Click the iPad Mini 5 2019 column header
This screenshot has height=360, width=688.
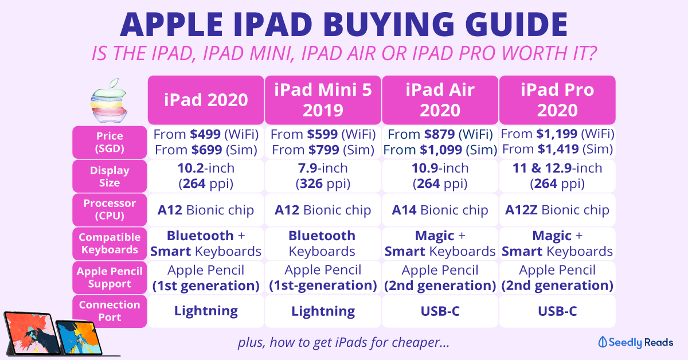(x=323, y=100)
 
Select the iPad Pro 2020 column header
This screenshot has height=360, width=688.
(x=557, y=100)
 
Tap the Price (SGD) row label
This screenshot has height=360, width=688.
(x=110, y=142)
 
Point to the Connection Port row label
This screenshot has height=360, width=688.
(x=110, y=311)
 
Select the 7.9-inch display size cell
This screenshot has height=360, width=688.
(x=323, y=176)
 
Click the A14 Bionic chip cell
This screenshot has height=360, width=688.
(x=440, y=210)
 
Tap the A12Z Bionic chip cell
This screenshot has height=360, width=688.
(x=557, y=210)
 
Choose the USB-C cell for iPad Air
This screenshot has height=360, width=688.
(x=440, y=311)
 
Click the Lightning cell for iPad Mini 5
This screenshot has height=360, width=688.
(x=323, y=311)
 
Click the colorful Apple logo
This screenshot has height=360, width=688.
(x=109, y=100)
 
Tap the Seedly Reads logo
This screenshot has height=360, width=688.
(x=635, y=342)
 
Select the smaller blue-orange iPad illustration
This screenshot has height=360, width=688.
(x=79, y=337)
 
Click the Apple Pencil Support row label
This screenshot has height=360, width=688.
(x=110, y=277)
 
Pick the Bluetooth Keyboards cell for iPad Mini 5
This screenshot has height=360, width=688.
(x=323, y=244)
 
